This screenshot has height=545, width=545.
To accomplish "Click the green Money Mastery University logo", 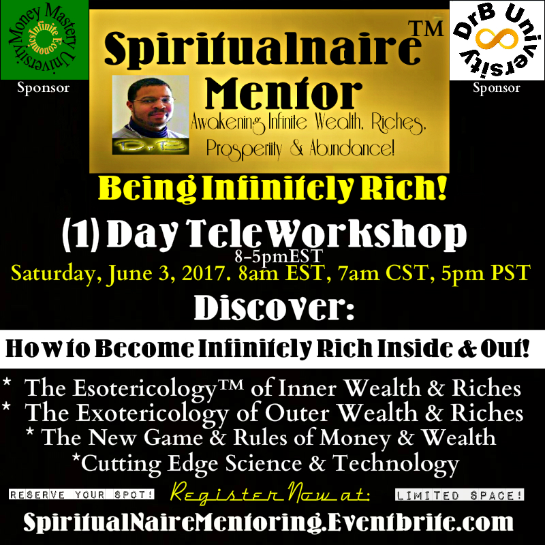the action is point(44,40).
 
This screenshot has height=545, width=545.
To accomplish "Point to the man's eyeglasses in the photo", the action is point(152,101).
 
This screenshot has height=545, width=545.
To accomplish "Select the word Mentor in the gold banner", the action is point(283,93).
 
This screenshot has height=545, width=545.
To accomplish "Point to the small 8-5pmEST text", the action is point(279,257).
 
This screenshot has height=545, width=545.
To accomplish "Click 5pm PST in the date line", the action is point(486,272).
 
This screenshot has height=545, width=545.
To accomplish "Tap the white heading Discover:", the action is point(274,308).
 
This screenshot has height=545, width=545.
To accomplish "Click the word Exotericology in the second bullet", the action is point(152,414).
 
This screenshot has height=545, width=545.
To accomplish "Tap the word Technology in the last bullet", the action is point(396,465).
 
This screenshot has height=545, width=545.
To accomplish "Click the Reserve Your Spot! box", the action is point(82,495).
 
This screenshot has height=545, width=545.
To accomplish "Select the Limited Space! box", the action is point(459,495).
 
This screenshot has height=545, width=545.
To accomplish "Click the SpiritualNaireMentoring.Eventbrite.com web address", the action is point(268,522).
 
